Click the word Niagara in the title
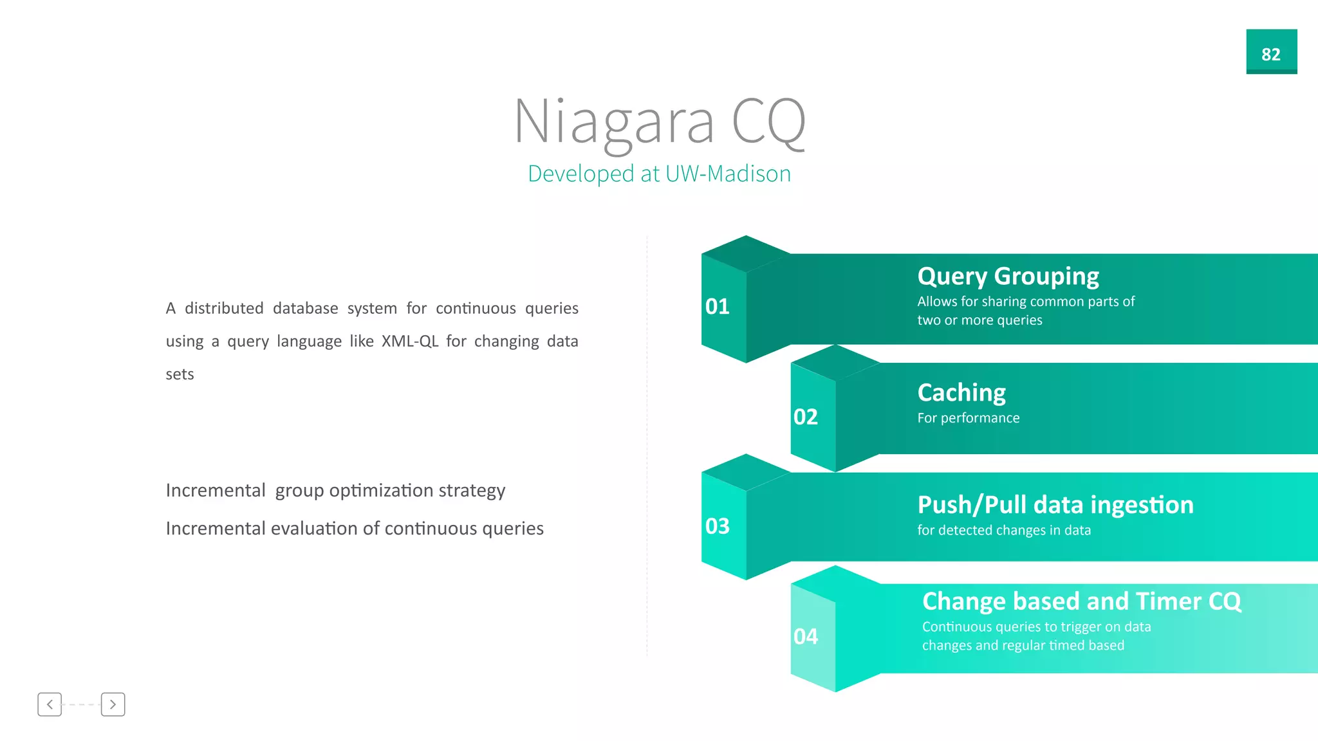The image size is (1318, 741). coord(614,122)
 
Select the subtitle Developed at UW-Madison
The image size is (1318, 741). coord(659,174)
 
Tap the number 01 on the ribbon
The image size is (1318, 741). coord(717,306)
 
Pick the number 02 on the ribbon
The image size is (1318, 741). coord(805,417)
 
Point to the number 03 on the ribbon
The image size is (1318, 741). coord(717,526)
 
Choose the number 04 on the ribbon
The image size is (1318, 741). coord(805,636)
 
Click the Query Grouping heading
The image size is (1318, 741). coord(1008,277)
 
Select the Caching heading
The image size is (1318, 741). coord(961,392)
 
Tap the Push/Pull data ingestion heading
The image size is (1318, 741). coord(1055,505)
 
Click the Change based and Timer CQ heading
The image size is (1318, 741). coord(1081,601)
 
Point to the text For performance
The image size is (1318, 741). coord(968,418)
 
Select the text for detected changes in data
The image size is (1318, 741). coord(1003,530)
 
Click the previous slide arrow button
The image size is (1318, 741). coord(50,704)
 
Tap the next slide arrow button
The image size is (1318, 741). coord(113,704)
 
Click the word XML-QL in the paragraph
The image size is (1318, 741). coord(409,341)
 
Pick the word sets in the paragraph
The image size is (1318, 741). coord(180,374)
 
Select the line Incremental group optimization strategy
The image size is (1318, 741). coord(335,491)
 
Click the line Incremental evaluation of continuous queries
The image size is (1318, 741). coord(355,529)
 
